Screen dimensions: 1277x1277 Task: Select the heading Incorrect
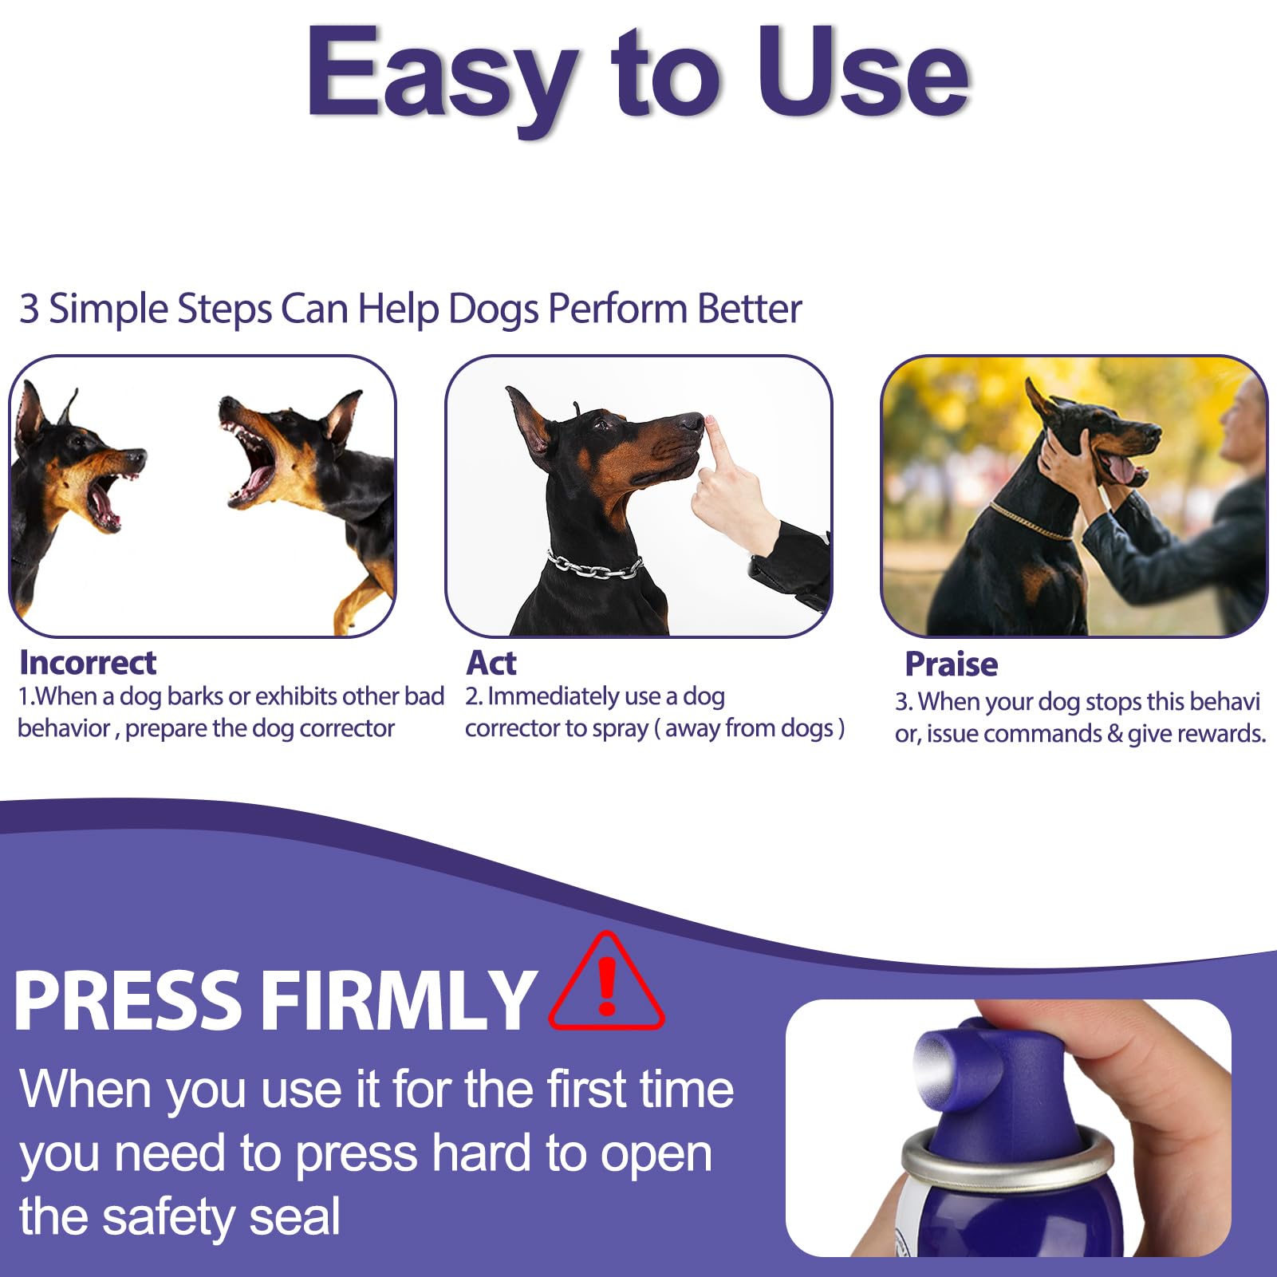tap(88, 663)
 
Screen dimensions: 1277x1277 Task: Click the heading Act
tap(491, 663)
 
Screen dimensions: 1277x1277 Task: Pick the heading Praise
tap(951, 664)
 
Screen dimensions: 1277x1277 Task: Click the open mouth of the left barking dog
tap(104, 503)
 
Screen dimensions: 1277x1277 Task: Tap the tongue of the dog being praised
tap(1121, 471)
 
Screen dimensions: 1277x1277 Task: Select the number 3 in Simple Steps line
tap(29, 309)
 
